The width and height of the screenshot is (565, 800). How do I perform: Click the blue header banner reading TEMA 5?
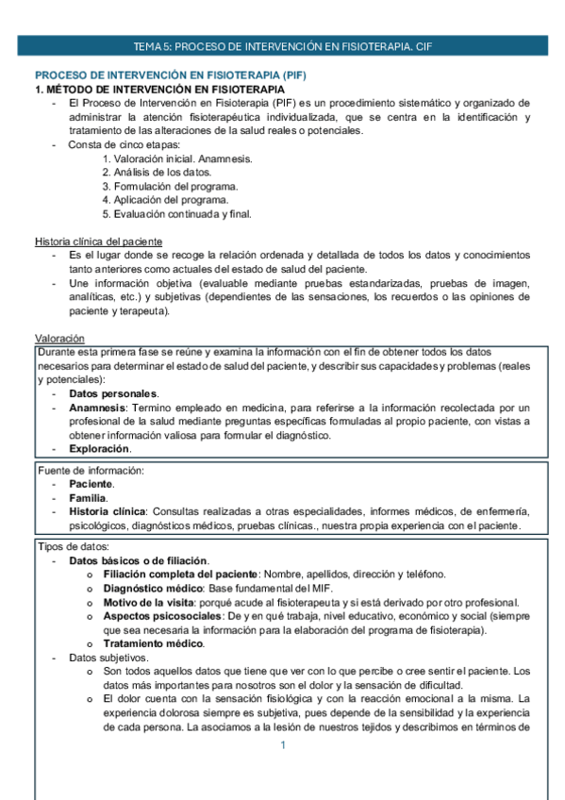click(x=282, y=45)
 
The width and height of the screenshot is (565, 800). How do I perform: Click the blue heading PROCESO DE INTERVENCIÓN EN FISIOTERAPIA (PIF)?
click(x=171, y=75)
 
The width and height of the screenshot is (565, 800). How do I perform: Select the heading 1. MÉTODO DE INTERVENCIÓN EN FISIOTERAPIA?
click(x=156, y=89)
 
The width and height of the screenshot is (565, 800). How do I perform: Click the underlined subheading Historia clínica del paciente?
click(x=98, y=242)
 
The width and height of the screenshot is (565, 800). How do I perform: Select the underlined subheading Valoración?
click(x=59, y=338)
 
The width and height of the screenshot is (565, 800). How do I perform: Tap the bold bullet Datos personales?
click(x=113, y=393)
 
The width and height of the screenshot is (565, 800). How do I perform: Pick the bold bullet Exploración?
click(x=99, y=448)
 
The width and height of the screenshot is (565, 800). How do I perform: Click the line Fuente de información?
click(x=91, y=470)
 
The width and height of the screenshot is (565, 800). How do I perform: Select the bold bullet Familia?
click(x=88, y=497)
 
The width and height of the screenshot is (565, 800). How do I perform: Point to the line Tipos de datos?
click(x=74, y=547)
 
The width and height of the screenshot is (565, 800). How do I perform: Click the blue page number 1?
click(x=281, y=745)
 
